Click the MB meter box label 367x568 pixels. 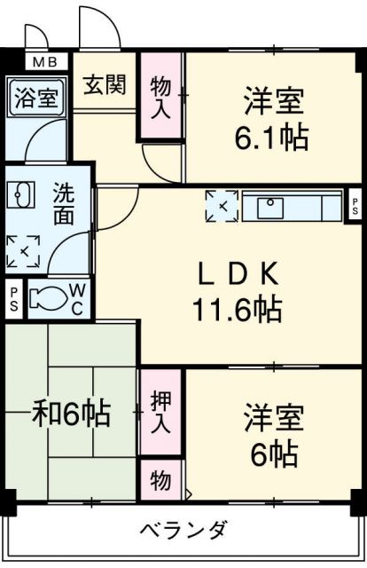45,62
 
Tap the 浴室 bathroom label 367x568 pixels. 36,98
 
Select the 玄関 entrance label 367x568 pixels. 105,84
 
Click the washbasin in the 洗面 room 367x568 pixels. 20,194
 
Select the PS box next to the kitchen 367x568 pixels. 355,206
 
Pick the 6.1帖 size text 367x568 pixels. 271,138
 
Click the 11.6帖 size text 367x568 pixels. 238,310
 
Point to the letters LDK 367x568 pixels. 238,274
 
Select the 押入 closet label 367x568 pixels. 160,412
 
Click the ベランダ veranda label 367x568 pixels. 184,531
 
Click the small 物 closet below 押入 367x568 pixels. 160,481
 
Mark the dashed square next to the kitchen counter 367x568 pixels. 222,206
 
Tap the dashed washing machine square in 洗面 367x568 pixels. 23,251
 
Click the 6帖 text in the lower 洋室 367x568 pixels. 274,454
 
